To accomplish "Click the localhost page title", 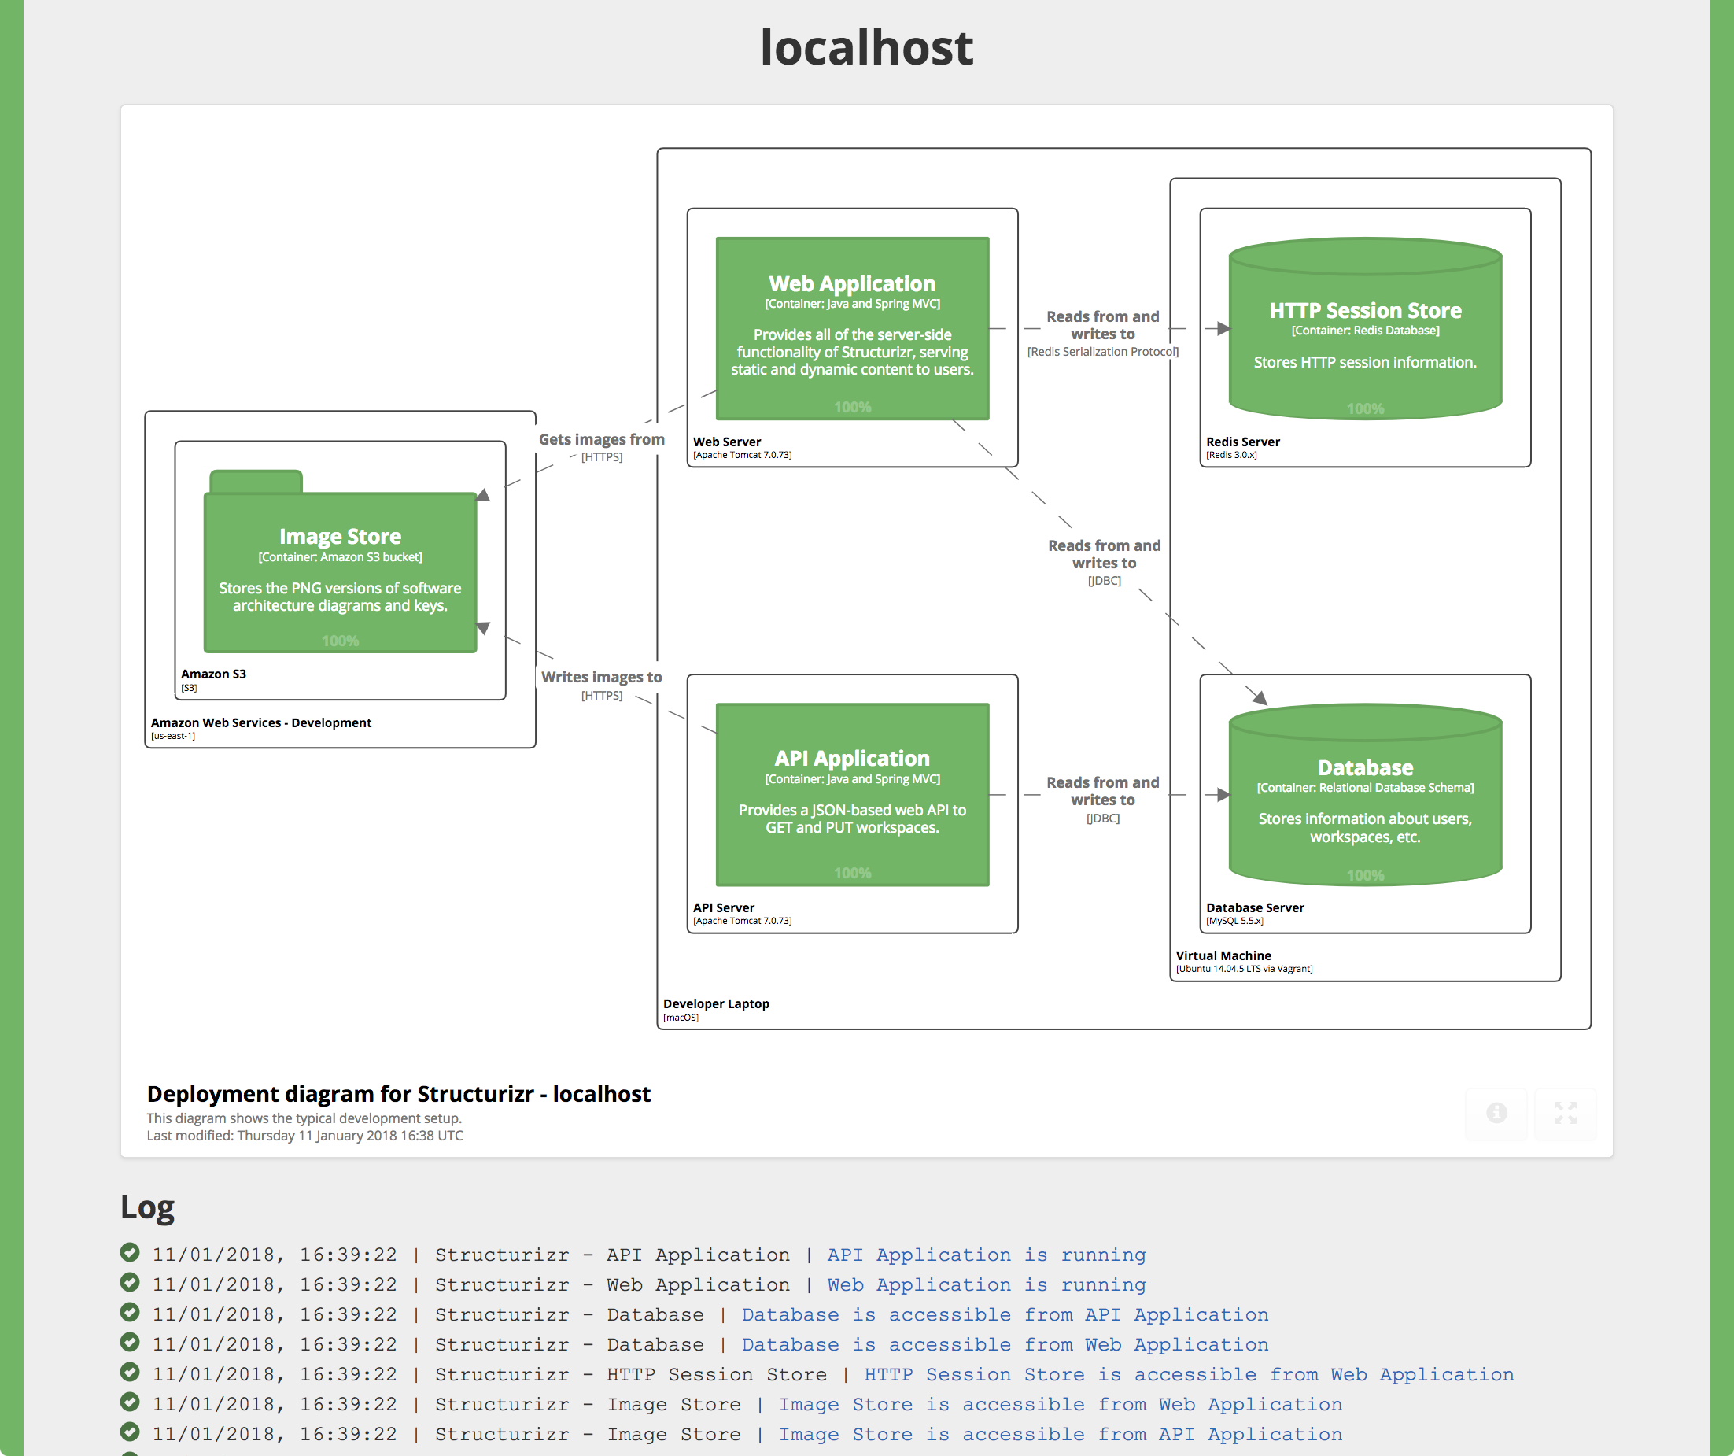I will coord(866,47).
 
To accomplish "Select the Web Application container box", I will coord(852,329).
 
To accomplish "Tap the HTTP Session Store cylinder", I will coord(1365,331).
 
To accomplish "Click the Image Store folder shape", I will coord(339,570).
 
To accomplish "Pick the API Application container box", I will coord(852,794).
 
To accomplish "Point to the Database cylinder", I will coord(1365,797).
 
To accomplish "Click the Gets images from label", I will coord(601,439).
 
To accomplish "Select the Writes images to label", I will coord(601,676).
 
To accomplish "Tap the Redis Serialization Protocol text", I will coord(1102,352).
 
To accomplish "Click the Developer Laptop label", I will coord(716,1003).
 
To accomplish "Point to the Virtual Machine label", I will coord(1223,955).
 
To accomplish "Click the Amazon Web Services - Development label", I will coord(261,722).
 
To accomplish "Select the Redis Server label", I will coord(1243,442).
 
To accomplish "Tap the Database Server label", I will coord(1254,907).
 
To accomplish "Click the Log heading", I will coord(147,1207).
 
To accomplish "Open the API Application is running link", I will coord(986,1255).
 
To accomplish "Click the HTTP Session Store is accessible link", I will coord(1188,1374).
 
